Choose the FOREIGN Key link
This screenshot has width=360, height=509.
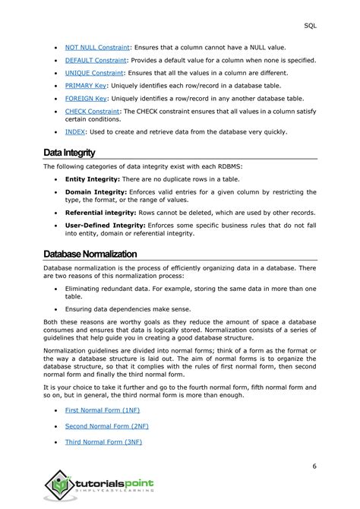[84, 98]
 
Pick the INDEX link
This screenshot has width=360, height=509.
[75, 131]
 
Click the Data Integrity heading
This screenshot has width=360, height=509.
[70, 153]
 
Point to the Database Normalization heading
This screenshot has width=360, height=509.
[90, 254]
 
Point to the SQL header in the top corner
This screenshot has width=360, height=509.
[332, 24]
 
